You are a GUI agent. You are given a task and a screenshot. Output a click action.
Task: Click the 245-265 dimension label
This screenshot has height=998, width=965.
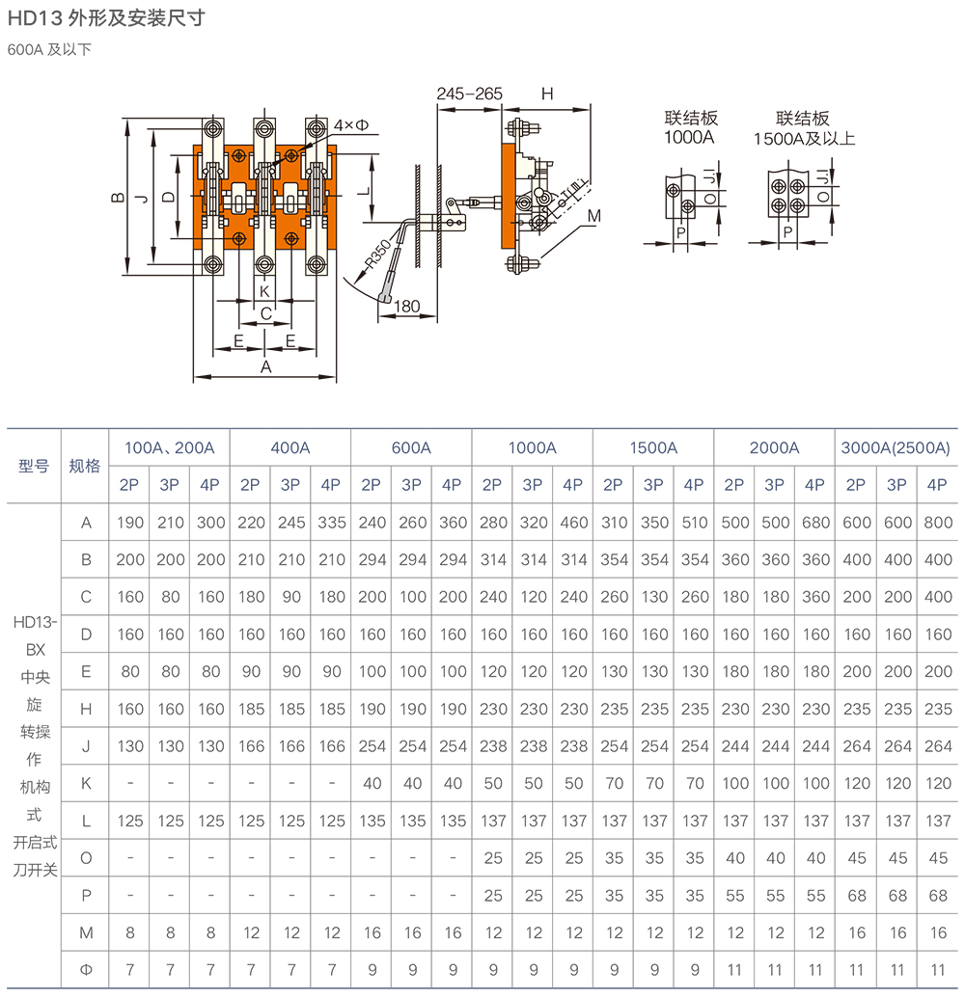click(469, 94)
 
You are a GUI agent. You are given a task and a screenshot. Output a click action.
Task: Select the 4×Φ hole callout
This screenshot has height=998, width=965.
click(352, 126)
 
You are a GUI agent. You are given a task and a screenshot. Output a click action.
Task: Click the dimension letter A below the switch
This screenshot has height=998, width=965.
click(266, 366)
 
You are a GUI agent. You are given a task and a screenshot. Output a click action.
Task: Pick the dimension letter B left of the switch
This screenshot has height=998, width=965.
click(117, 198)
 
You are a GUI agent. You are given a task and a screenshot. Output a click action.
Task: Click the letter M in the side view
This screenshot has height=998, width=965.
click(593, 216)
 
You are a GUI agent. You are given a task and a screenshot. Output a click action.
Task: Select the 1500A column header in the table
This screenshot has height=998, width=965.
click(653, 447)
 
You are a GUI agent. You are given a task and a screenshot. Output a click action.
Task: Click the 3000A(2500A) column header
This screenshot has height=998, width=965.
click(896, 447)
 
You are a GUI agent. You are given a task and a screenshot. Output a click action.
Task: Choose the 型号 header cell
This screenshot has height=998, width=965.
click(34, 466)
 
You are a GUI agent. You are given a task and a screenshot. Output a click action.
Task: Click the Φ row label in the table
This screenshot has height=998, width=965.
click(86, 969)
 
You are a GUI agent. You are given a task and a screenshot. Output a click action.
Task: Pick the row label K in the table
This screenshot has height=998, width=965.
click(86, 783)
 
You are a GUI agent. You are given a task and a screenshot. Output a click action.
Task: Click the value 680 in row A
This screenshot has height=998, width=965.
click(815, 523)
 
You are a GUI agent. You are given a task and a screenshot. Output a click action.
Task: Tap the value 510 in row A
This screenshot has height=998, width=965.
click(694, 523)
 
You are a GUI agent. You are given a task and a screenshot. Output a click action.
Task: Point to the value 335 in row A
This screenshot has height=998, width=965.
click(332, 523)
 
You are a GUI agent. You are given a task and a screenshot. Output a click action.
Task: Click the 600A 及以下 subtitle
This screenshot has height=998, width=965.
click(49, 49)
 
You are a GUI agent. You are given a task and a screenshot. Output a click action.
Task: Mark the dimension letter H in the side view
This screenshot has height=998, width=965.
click(547, 94)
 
